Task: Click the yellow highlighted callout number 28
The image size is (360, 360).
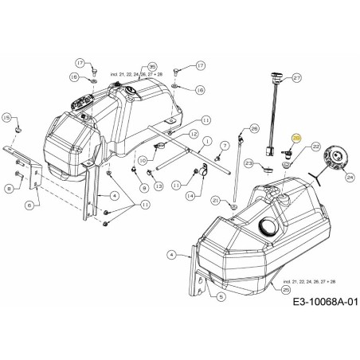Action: coord(297,138)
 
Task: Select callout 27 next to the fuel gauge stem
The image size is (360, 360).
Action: coord(297,78)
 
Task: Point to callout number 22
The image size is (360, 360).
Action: coord(315,147)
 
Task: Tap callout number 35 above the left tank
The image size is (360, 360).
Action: coord(151,67)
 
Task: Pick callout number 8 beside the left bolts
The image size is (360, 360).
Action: coord(9,188)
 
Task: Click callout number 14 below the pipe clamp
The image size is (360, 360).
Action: coord(190,194)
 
